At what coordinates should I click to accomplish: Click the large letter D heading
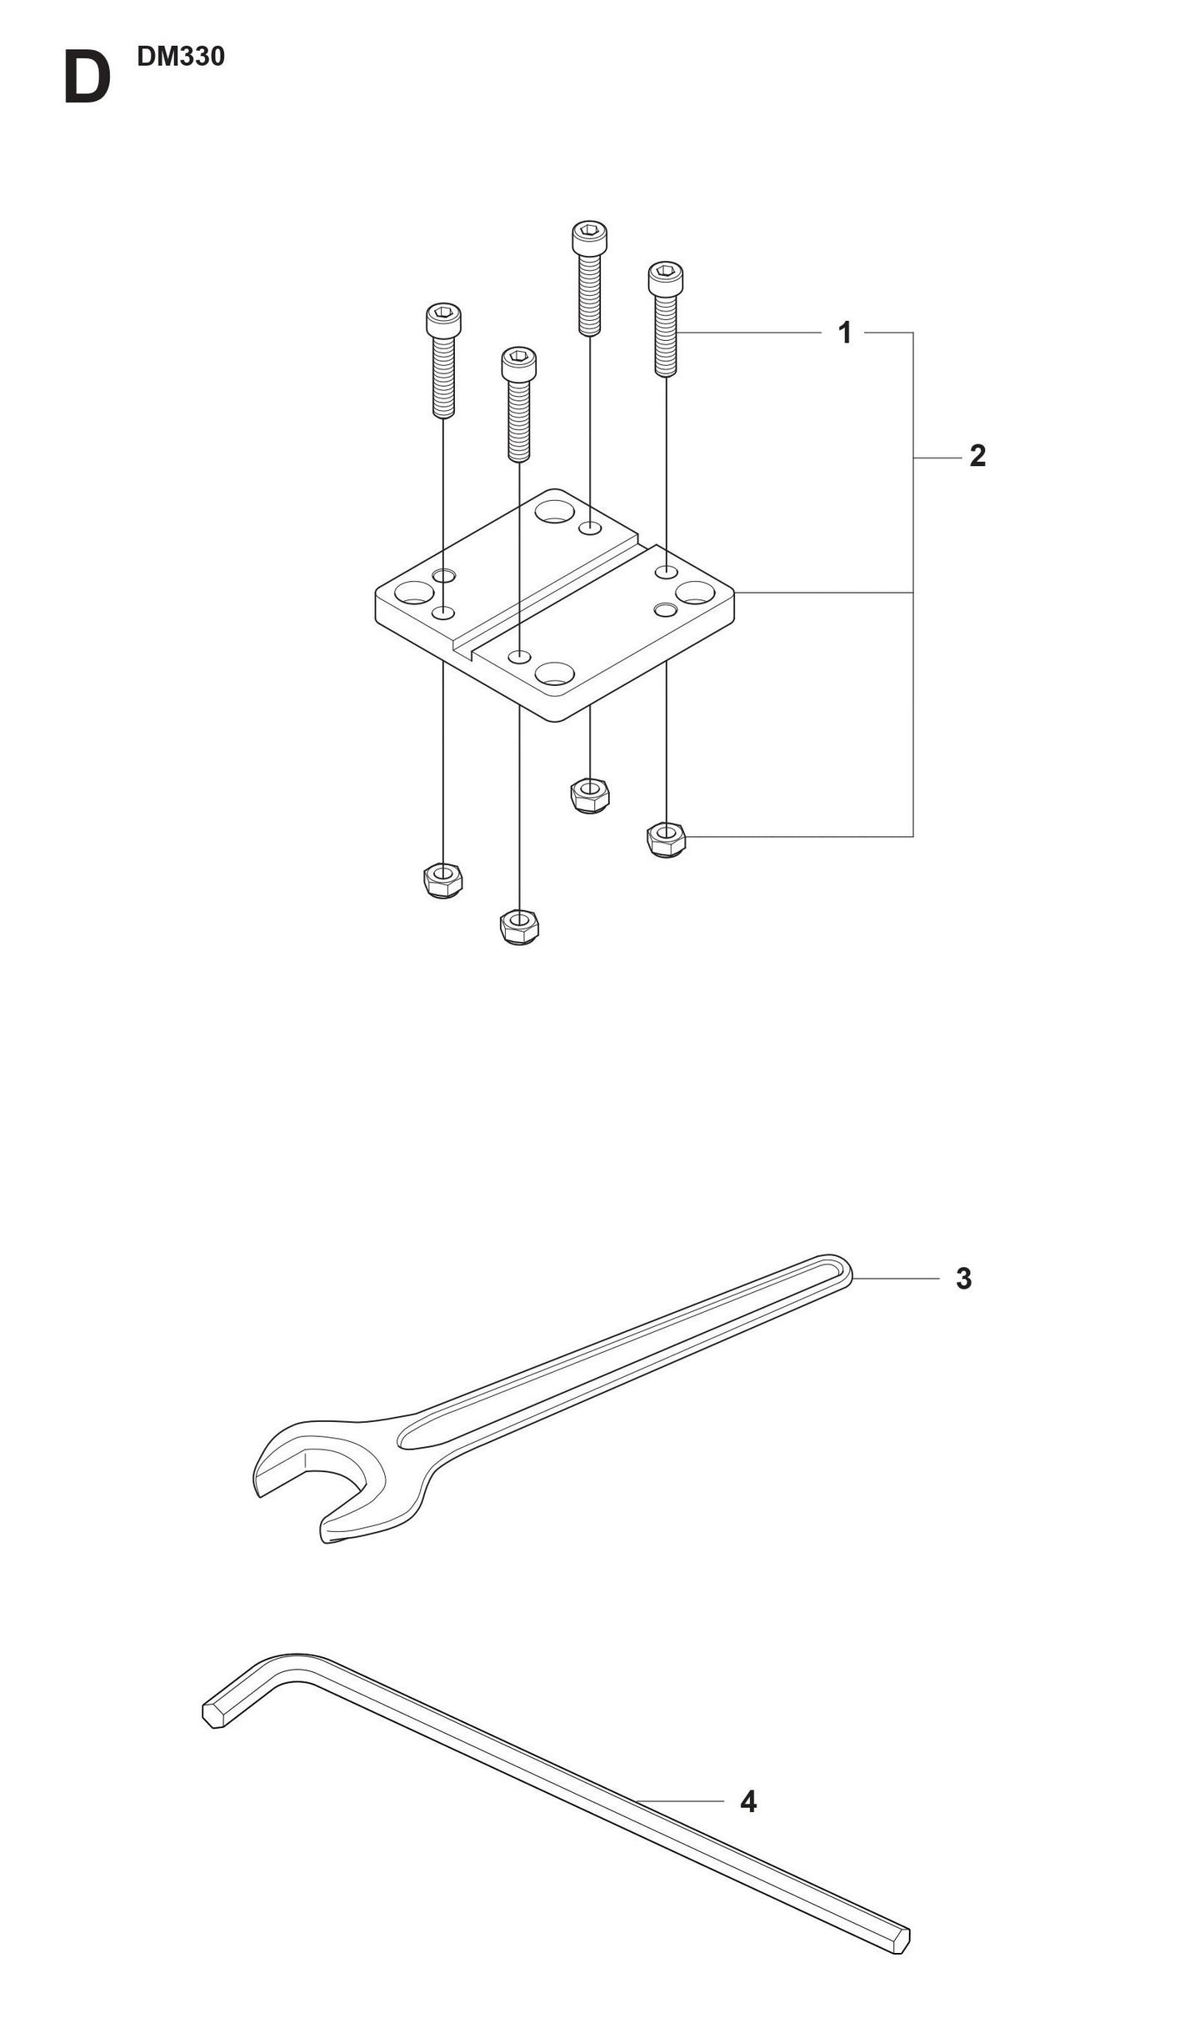(87, 79)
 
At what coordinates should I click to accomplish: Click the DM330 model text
(181, 58)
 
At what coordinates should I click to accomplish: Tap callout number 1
(844, 333)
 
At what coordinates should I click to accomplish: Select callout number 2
(977, 456)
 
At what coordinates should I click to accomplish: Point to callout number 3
(963, 1279)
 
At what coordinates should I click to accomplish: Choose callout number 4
(747, 1802)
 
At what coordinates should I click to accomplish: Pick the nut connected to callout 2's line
(667, 839)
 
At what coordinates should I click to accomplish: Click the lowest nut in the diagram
(519, 927)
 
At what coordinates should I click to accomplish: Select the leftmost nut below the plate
(443, 880)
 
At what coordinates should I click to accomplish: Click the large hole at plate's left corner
(414, 594)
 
